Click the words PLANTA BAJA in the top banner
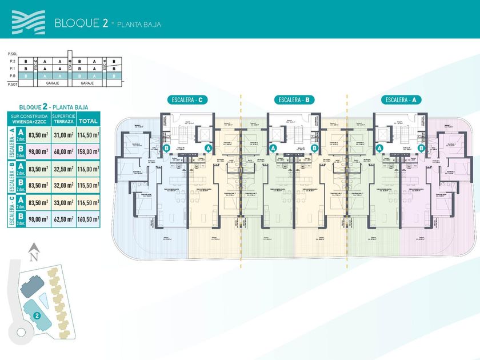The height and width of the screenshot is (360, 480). (140, 25)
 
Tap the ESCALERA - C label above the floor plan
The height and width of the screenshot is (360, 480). (187, 100)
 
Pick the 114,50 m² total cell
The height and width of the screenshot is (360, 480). (88, 135)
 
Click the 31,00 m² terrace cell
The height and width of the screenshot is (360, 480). (62, 135)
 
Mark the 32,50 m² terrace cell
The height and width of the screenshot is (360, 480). (62, 168)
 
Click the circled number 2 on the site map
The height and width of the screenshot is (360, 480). (37, 314)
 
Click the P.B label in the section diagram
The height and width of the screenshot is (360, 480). (12, 75)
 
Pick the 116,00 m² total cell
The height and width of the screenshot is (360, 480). (88, 168)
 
